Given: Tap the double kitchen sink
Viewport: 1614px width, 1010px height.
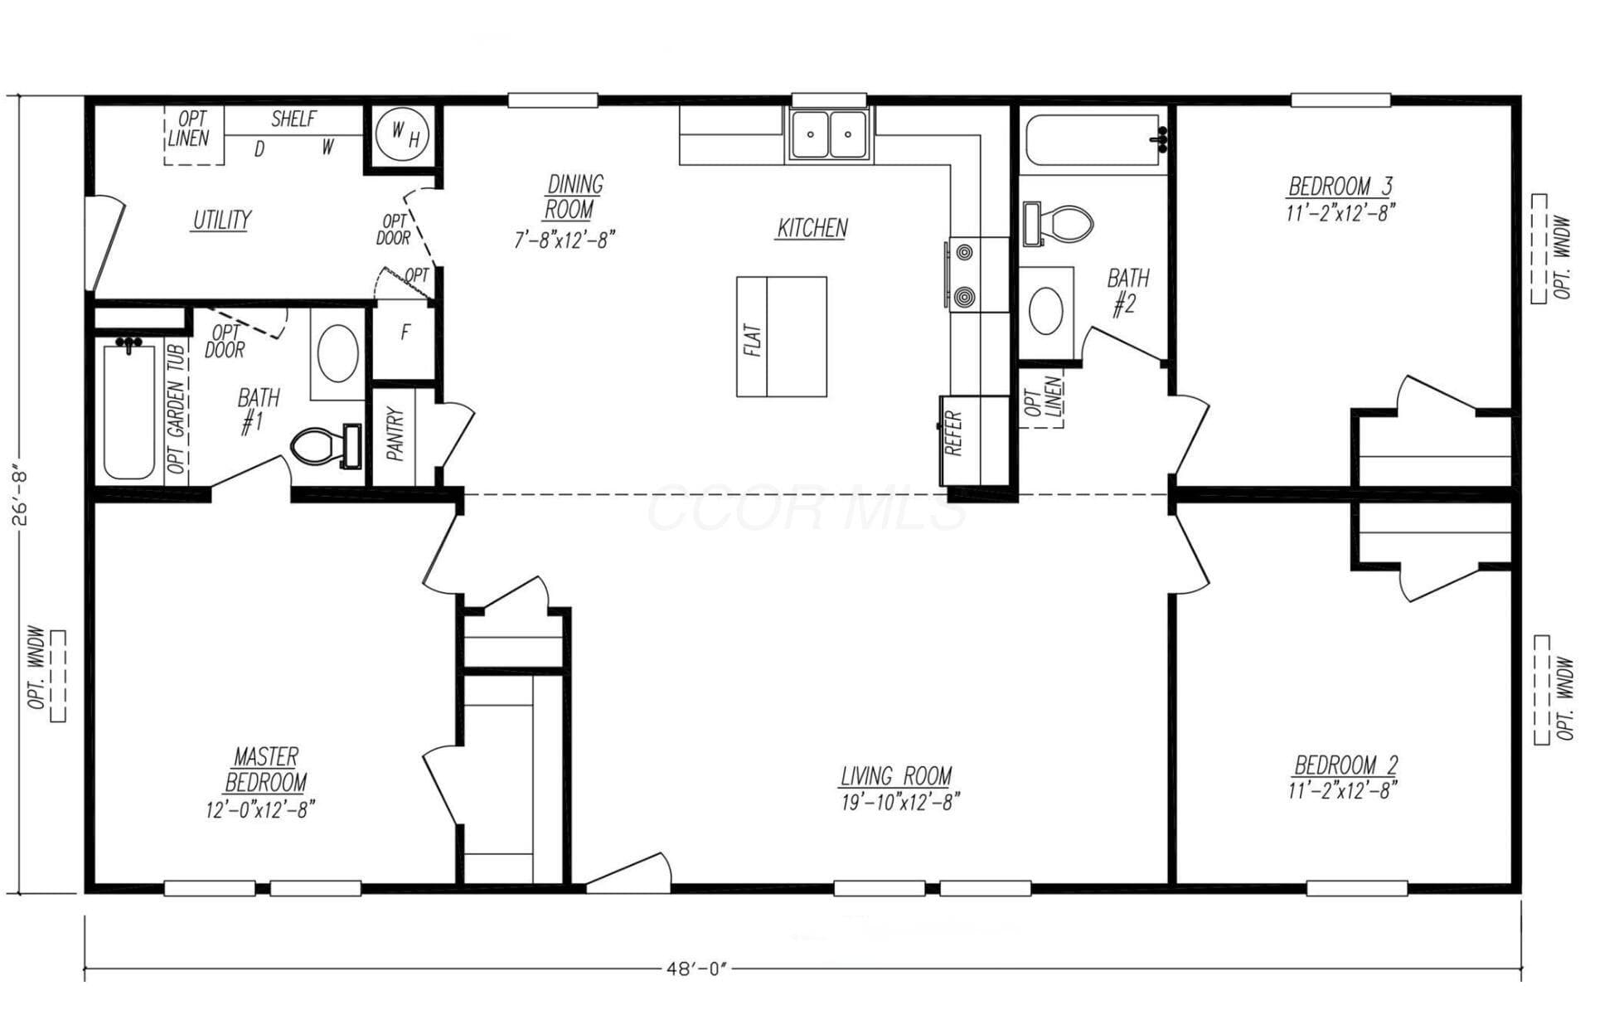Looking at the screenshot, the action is [829, 134].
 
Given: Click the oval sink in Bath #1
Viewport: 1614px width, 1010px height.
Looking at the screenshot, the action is [338, 353].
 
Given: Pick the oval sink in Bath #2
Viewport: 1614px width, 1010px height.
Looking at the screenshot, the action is [1046, 310].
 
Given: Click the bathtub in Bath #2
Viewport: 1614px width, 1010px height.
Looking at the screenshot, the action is [1094, 141].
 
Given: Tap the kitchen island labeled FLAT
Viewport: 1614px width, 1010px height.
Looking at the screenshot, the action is [782, 337].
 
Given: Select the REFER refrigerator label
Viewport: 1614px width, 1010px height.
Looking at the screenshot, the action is [953, 432].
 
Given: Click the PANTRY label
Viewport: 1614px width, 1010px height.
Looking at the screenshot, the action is [395, 434].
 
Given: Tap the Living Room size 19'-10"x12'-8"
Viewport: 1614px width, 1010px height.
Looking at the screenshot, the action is [900, 802].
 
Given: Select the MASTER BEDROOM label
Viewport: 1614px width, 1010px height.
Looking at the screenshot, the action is [265, 770].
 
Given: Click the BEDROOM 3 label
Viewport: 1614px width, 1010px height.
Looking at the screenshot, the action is [1340, 186].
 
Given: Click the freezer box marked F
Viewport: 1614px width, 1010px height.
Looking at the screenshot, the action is [405, 340].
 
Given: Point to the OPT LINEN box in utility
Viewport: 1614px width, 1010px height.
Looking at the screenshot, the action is [192, 134].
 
